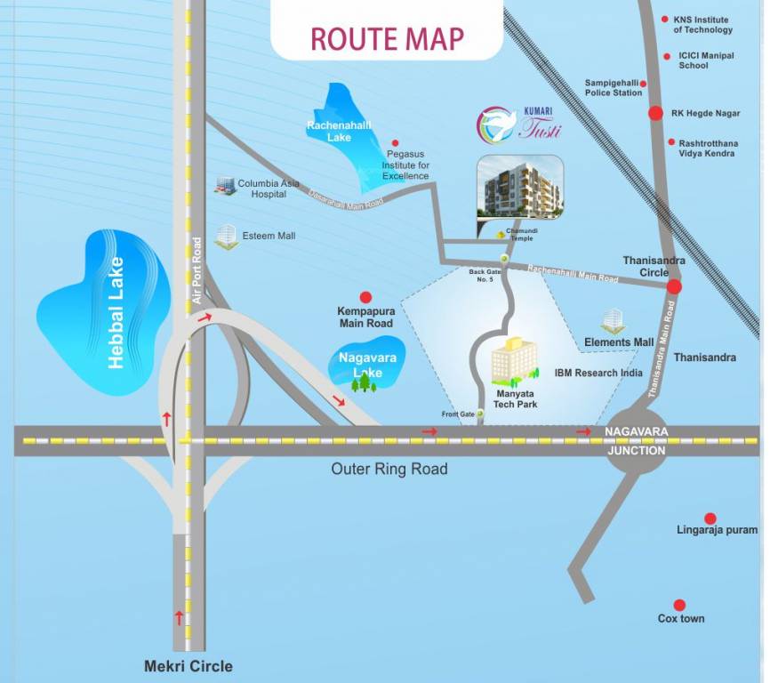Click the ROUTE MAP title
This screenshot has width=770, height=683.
pos(387,39)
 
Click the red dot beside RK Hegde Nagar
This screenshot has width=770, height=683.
pos(655,113)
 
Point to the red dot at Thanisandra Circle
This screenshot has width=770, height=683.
pos(674,286)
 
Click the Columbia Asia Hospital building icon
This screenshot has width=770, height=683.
pos(223,185)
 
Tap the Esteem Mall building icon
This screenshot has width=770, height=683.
pos(227,237)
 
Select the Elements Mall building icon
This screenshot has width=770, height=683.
pos(613,322)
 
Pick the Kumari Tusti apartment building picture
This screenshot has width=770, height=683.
pos(520,188)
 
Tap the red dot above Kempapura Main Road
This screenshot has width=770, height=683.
pos(365,298)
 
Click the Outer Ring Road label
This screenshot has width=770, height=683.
pos(389,469)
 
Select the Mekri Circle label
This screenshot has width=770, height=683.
pos(188,666)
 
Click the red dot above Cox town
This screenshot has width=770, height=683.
pos(679,605)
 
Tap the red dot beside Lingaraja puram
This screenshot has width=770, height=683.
pos(710,518)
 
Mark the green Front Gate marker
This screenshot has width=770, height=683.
pos(481,414)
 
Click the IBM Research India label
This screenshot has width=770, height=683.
pos(598,373)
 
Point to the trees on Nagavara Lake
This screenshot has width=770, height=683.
pos(363,383)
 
